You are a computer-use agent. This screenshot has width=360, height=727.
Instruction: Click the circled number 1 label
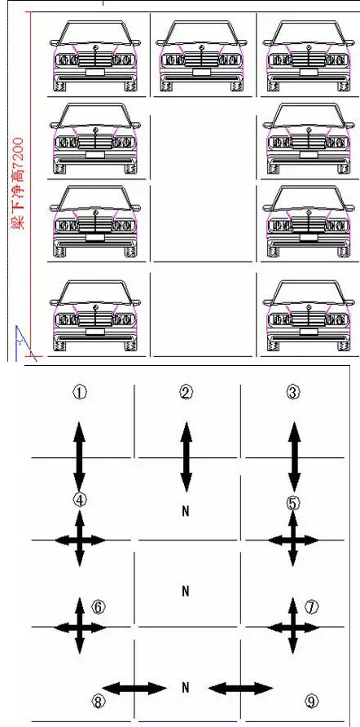(x=80, y=393)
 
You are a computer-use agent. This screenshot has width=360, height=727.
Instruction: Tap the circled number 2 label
(x=186, y=393)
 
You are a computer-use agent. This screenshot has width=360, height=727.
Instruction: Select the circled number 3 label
(x=293, y=393)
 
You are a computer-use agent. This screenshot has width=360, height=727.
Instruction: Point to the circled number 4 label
(x=80, y=500)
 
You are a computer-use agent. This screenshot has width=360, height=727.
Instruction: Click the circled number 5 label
(x=293, y=503)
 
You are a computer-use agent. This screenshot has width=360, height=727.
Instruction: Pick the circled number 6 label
(x=99, y=607)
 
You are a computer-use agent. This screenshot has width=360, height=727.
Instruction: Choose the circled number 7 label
(x=311, y=606)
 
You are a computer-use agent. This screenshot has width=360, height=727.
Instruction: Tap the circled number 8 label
(x=98, y=702)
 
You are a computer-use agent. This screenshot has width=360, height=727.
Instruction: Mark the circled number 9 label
(x=311, y=702)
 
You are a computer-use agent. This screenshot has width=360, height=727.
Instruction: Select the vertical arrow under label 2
(x=186, y=457)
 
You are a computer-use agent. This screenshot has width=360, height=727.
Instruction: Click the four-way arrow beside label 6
(x=80, y=628)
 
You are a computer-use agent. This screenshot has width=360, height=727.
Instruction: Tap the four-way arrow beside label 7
(x=293, y=628)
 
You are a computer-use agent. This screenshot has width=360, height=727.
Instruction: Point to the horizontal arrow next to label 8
(x=134, y=688)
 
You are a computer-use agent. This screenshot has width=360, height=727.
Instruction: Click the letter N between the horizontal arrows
(x=186, y=688)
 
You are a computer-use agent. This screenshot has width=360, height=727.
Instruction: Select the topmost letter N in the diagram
(x=186, y=511)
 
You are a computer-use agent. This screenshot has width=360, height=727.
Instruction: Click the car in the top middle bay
(x=201, y=55)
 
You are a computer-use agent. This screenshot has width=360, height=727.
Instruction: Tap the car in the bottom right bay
(x=308, y=315)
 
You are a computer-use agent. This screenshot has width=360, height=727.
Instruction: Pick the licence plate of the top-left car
(x=95, y=72)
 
